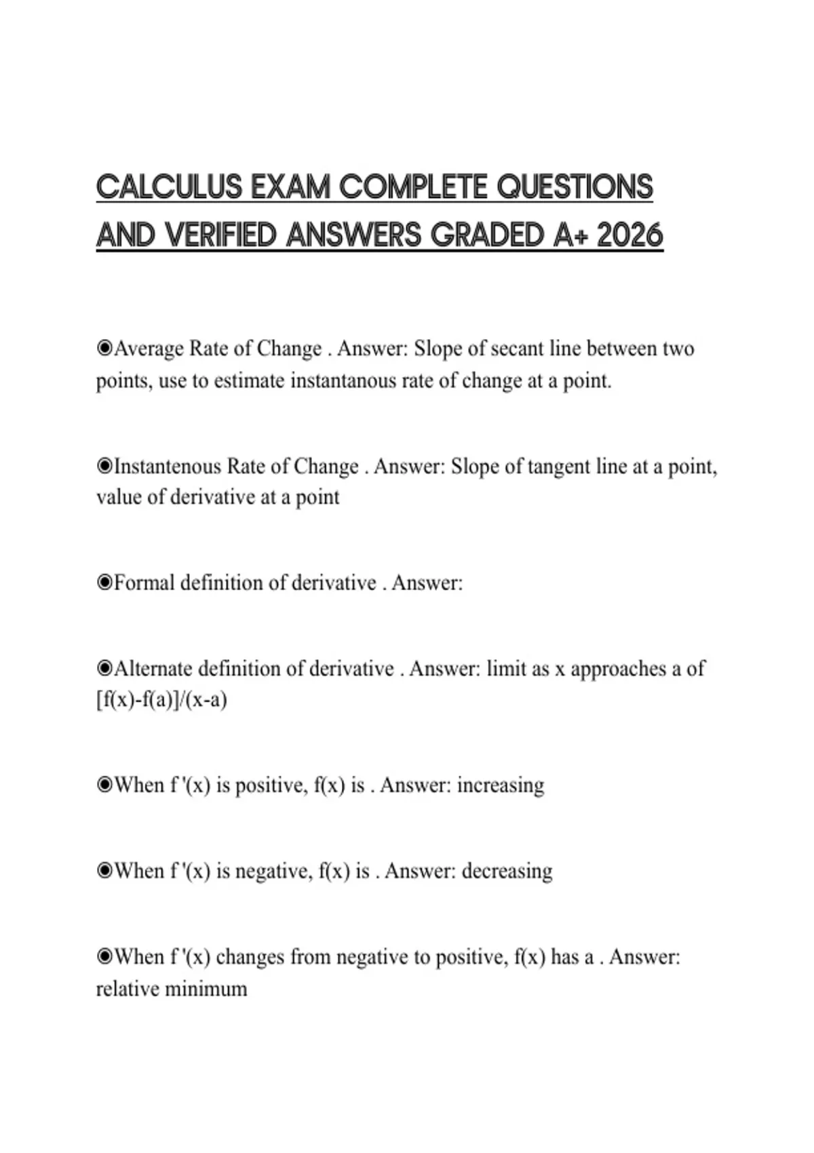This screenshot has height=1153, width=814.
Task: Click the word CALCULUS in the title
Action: tap(169, 187)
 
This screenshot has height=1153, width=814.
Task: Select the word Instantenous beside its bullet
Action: tap(168, 467)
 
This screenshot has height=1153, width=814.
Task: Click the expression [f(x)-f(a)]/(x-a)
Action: tap(161, 700)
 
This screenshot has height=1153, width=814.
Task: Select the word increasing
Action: tap(501, 785)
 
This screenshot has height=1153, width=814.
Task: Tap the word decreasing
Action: tap(507, 871)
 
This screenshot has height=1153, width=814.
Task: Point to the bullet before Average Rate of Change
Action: tap(104, 349)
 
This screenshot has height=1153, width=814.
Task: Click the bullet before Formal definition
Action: tap(104, 583)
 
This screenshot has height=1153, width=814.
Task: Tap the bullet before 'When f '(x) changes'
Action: tap(104, 957)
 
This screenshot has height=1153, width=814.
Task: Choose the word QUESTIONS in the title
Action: tap(575, 187)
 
